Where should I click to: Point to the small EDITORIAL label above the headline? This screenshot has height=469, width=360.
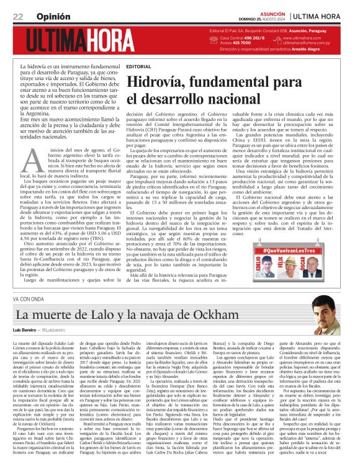137,66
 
